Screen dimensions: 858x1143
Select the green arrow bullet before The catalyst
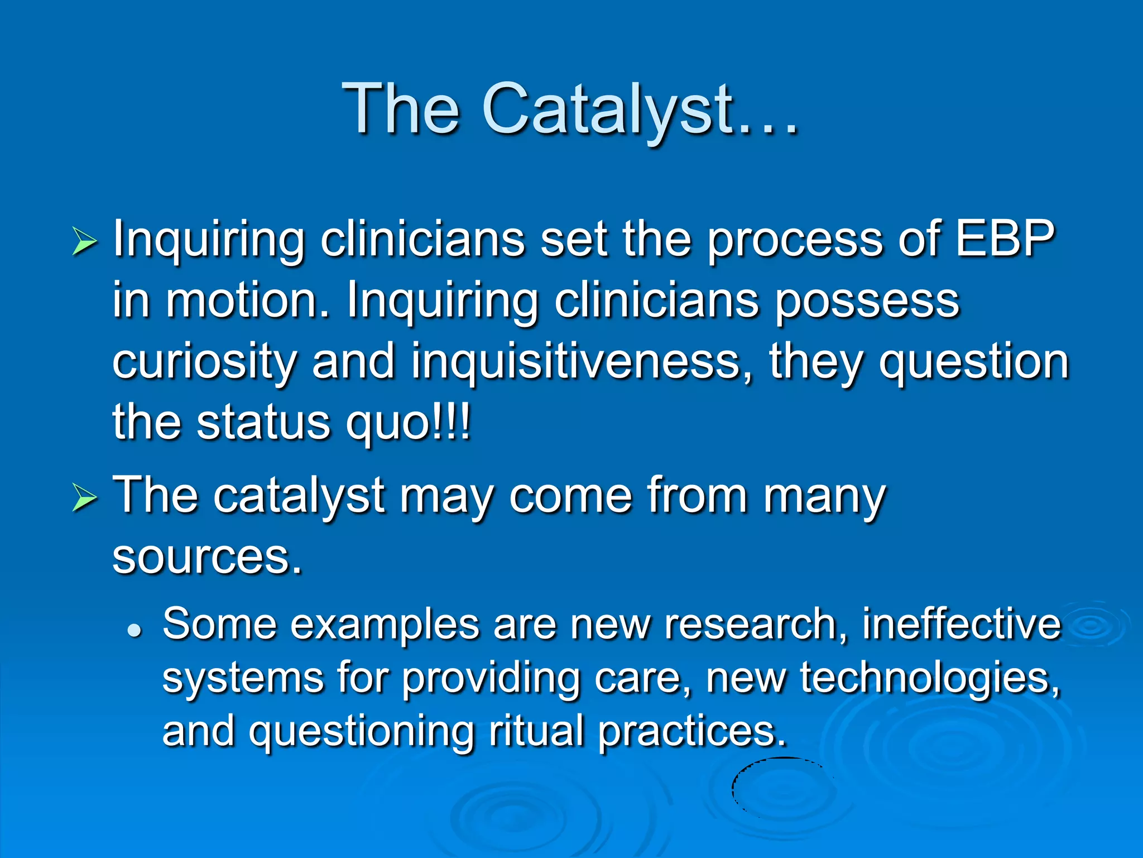(84, 498)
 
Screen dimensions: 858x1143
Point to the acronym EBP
(1005, 239)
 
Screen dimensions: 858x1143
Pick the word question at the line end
(974, 363)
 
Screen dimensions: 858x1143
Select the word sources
(206, 557)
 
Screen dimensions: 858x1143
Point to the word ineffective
(960, 624)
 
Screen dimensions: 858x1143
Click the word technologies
(929, 678)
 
